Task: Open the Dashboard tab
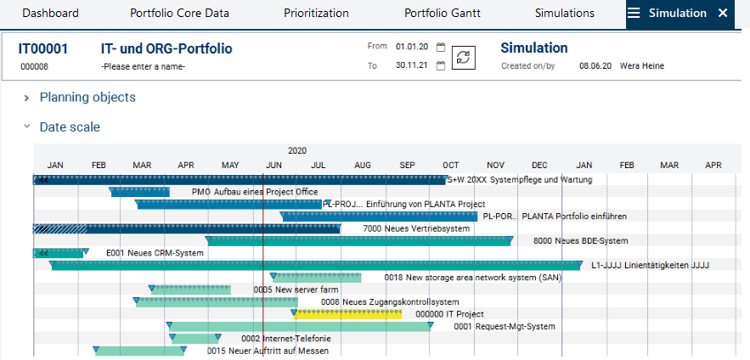coord(50,13)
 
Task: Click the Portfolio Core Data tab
coord(178,13)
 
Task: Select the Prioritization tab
coord(316,13)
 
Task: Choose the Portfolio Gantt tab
coord(442,13)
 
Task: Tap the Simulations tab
coord(565,13)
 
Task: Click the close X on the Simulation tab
coord(723,13)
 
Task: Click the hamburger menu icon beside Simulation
coord(634,13)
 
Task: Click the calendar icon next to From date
coord(441,48)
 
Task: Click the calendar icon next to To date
coord(441,65)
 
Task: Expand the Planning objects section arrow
coord(27,98)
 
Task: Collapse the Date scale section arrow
coord(27,127)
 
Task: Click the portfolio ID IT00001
coord(43,48)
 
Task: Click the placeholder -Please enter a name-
coord(143,66)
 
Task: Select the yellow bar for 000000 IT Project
coord(348,314)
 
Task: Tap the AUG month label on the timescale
coord(363,165)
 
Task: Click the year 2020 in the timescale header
coord(297,150)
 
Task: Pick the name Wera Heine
coord(642,65)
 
